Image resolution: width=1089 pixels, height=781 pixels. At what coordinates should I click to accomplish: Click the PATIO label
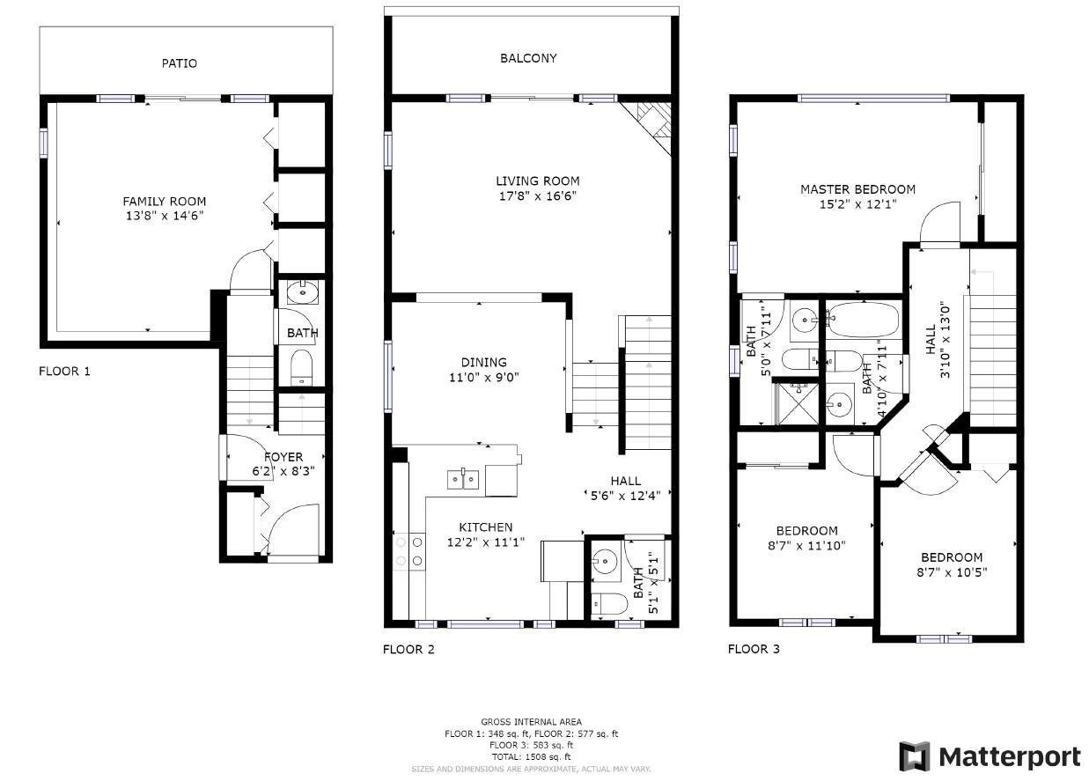[x=180, y=63]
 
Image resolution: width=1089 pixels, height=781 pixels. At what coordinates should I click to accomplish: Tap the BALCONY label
[x=528, y=58]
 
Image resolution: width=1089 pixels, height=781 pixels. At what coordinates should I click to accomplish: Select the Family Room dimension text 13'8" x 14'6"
[x=165, y=216]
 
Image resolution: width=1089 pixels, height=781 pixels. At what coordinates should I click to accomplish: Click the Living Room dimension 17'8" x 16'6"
[x=538, y=196]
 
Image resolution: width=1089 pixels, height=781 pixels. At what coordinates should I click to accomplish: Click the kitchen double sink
[x=463, y=480]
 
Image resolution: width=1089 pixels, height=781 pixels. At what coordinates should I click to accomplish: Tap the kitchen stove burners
[x=409, y=551]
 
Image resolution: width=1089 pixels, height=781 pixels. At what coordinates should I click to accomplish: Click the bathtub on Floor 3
[x=863, y=319]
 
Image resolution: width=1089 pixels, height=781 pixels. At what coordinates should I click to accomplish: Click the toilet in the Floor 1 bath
[x=301, y=366]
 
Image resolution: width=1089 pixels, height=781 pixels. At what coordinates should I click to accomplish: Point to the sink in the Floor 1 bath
[x=302, y=291]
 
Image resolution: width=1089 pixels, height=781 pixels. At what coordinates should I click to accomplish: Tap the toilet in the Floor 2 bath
[x=608, y=603]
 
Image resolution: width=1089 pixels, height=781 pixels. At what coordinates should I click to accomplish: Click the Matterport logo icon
[x=915, y=756]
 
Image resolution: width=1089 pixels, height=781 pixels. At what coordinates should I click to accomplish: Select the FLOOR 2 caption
[x=408, y=649]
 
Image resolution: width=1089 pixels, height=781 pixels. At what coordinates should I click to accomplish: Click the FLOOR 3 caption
[x=754, y=649]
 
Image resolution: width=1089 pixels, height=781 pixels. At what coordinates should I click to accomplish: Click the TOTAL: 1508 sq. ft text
[x=531, y=756]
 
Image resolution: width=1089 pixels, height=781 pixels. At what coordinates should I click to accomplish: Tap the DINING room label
[x=483, y=362]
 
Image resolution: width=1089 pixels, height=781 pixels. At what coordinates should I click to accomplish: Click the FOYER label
[x=283, y=457]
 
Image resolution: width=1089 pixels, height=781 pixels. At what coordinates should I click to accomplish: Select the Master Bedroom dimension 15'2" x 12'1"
[x=857, y=204]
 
